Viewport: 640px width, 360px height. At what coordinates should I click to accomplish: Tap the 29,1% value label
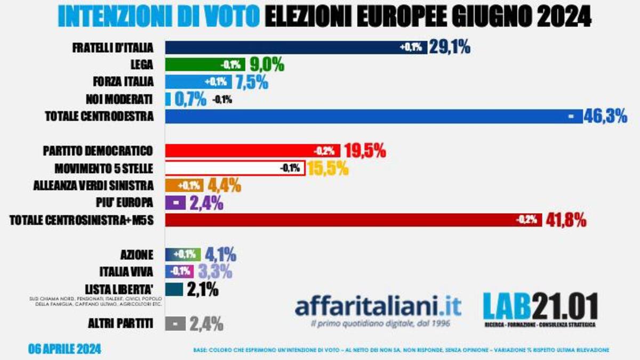click(x=451, y=47)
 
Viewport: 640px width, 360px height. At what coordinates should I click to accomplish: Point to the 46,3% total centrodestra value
click(x=606, y=116)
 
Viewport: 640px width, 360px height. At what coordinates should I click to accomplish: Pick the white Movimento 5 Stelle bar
click(x=235, y=169)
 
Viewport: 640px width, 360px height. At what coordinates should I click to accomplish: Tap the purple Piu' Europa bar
click(x=175, y=203)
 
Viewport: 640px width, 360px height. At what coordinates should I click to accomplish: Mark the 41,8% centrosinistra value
click(x=566, y=220)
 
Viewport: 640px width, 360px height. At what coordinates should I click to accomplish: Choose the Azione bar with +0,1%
click(x=183, y=254)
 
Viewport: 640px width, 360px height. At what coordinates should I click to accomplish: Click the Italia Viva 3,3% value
click(x=215, y=271)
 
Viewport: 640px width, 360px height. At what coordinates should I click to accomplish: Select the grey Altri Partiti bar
click(x=175, y=323)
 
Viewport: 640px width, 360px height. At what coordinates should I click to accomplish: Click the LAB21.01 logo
click(x=540, y=308)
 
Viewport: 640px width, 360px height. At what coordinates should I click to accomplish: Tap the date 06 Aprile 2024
click(x=65, y=350)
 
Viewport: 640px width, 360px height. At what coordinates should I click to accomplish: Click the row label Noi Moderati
click(x=118, y=99)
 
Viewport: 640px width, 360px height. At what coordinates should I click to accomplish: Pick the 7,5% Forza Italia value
click(x=252, y=82)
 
